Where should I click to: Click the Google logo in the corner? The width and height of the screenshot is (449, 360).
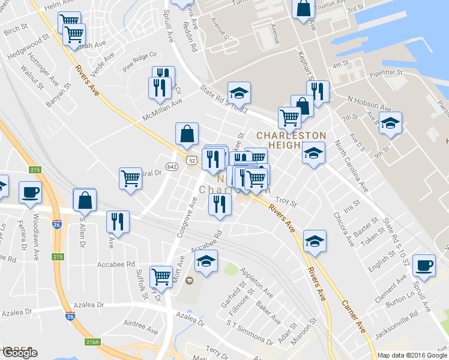click(20, 353)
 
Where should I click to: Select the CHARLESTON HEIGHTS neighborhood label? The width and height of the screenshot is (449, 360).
click(291, 140)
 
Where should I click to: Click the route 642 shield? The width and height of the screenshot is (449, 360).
click(172, 166)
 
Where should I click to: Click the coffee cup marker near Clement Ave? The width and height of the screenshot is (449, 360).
click(424, 265)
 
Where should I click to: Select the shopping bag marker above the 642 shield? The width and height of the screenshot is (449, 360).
click(187, 134)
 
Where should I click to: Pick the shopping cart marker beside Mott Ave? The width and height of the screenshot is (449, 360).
click(161, 276)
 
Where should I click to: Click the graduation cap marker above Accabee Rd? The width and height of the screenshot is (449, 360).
click(206, 261)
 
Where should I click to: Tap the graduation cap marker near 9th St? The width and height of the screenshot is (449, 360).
click(391, 124)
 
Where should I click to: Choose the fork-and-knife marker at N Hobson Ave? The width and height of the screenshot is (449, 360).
click(318, 91)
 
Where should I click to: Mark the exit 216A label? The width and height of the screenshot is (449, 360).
click(92, 341)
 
